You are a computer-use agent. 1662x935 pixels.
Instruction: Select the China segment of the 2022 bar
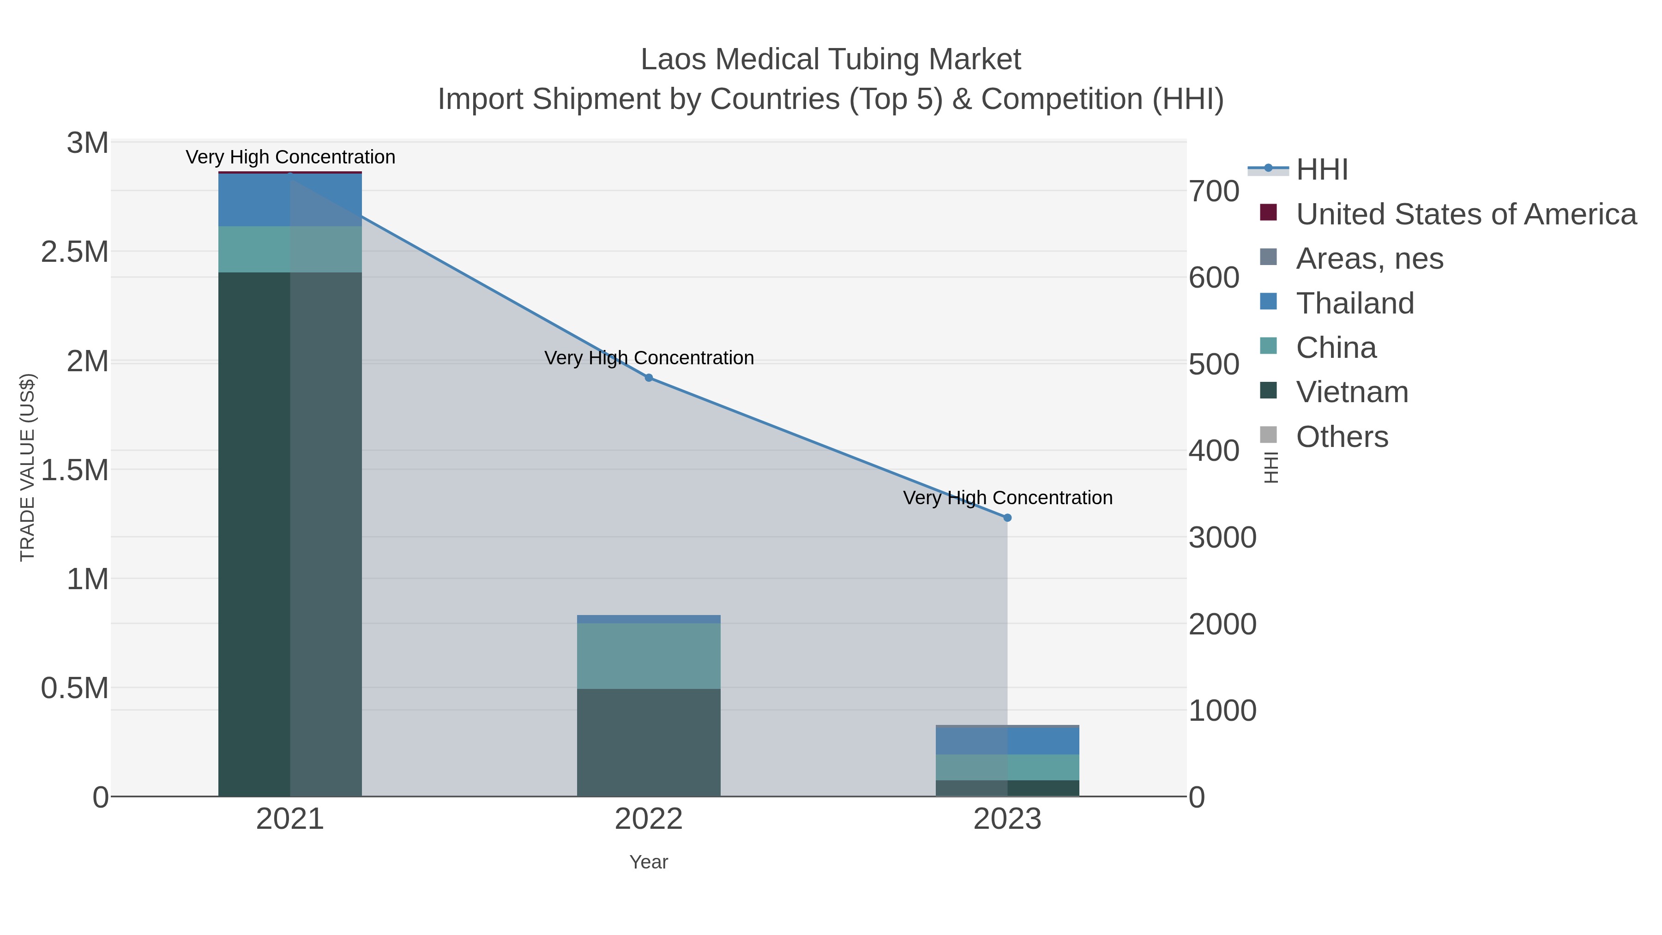[x=649, y=656]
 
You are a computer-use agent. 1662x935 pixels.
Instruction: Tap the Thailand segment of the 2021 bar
[x=289, y=200]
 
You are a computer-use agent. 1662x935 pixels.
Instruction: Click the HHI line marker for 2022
[x=649, y=378]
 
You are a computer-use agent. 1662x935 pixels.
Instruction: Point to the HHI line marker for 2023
[x=1008, y=518]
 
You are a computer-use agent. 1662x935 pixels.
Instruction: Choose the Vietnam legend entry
[x=1352, y=392]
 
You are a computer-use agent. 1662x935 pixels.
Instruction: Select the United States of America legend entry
[x=1465, y=214]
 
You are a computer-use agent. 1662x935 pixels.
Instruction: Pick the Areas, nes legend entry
[x=1369, y=259]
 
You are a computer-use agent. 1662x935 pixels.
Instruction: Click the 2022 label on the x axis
[x=649, y=820]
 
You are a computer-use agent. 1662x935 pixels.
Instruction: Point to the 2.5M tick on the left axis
[x=75, y=252]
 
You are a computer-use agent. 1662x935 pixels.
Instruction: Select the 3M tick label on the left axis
[x=88, y=143]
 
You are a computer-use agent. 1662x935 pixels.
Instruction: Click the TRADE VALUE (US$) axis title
[x=27, y=467]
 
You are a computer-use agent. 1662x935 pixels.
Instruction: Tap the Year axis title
[x=649, y=862]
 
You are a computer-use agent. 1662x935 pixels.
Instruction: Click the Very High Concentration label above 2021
[x=290, y=157]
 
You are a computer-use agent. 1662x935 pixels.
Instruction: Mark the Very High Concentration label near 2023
[x=1008, y=498]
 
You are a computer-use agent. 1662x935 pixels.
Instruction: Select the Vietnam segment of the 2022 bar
[x=649, y=742]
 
